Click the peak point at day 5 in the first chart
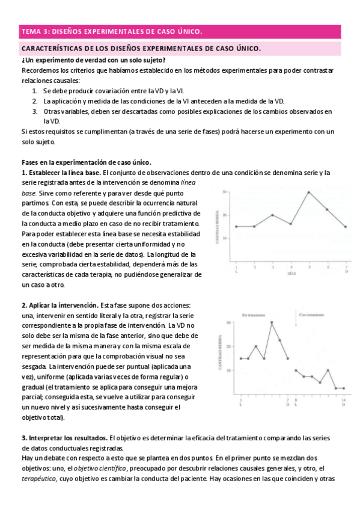(x=309, y=192)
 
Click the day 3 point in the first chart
(x=272, y=215)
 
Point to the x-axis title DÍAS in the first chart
(x=290, y=272)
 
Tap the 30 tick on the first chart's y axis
(x=224, y=192)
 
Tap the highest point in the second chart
(x=272, y=322)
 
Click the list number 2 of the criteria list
(x=35, y=101)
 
